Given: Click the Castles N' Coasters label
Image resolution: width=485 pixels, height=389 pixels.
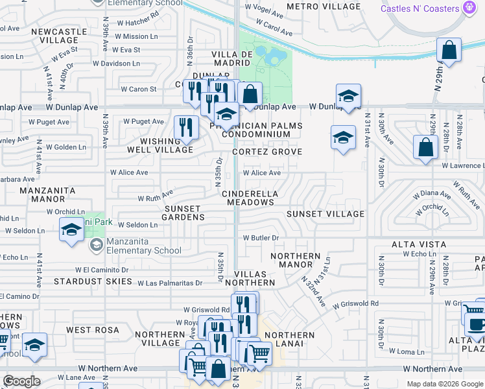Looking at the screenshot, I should pos(421,8).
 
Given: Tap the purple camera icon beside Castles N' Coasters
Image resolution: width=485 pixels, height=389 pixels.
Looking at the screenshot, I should pos(470,8).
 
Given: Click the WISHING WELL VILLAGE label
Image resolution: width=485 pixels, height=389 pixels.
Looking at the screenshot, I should pos(167,145).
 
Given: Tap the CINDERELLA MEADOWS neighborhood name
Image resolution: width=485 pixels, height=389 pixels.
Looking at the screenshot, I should pos(250,198).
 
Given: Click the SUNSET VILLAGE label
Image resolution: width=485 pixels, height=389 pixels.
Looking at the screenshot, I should pos(325,214).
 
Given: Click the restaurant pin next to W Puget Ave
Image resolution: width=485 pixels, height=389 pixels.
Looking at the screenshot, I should pos(187,128).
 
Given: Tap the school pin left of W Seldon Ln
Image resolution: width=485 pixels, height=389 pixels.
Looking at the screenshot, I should pos(71,230).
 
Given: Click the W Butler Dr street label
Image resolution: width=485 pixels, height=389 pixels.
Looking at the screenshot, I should pos(261,238).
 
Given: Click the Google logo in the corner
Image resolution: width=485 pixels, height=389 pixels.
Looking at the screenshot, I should pos(22,381).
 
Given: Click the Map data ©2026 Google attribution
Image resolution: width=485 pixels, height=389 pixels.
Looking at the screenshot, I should pos(444,384).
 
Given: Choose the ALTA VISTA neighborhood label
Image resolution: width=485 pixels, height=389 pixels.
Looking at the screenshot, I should pos(419,244).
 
